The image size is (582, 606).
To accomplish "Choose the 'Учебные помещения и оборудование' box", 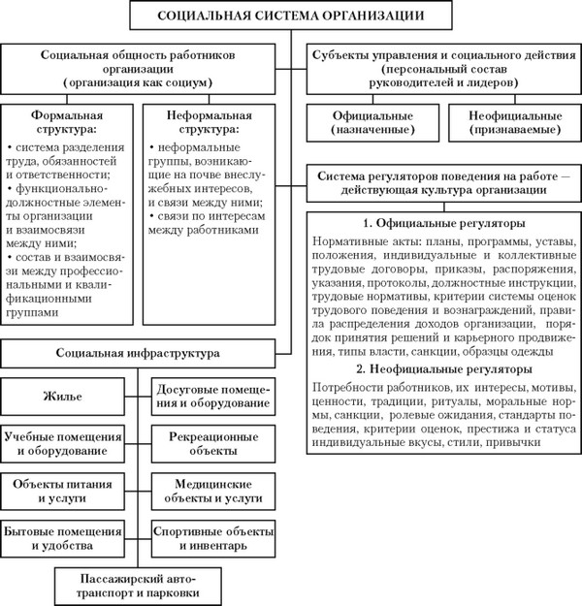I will pyautogui.click(x=63, y=443).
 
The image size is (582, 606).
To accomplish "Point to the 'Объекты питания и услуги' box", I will pyautogui.click(x=63, y=491).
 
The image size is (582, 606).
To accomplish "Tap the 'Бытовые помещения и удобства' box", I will pyautogui.click(x=63, y=536).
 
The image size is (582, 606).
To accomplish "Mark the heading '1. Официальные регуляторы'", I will pyautogui.click(x=440, y=223).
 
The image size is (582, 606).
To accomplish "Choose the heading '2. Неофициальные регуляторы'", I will pyautogui.click(x=440, y=371).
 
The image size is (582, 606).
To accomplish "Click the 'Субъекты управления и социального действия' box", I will pyautogui.click(x=440, y=70).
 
